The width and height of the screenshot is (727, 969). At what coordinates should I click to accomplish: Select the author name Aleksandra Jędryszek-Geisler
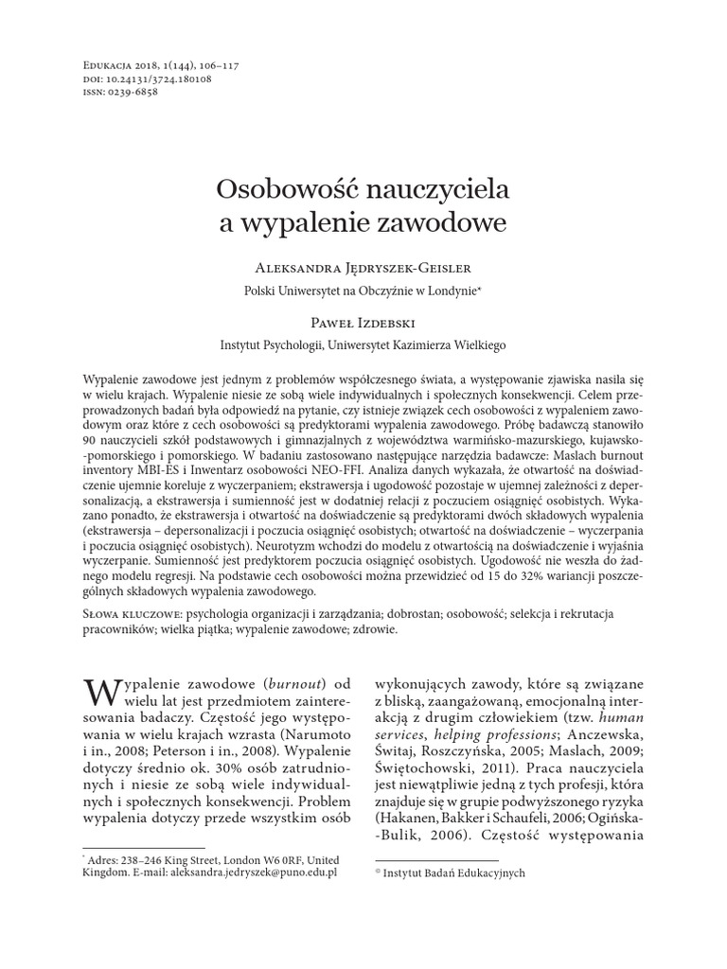363,268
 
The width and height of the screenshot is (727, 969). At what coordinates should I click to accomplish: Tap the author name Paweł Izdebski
363,322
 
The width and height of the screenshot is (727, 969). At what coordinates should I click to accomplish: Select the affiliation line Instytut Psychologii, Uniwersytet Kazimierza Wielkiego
363,345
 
